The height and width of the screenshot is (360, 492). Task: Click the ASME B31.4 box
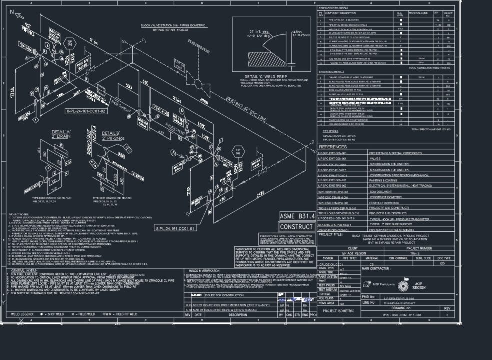(x=298, y=216)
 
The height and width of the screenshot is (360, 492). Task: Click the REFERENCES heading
(x=333, y=147)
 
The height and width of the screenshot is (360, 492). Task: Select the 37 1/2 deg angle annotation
(x=259, y=33)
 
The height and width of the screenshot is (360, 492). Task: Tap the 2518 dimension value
(x=260, y=193)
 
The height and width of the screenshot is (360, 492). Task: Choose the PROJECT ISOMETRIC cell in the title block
(x=338, y=310)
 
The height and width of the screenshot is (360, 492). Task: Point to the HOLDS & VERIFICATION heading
(x=202, y=270)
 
